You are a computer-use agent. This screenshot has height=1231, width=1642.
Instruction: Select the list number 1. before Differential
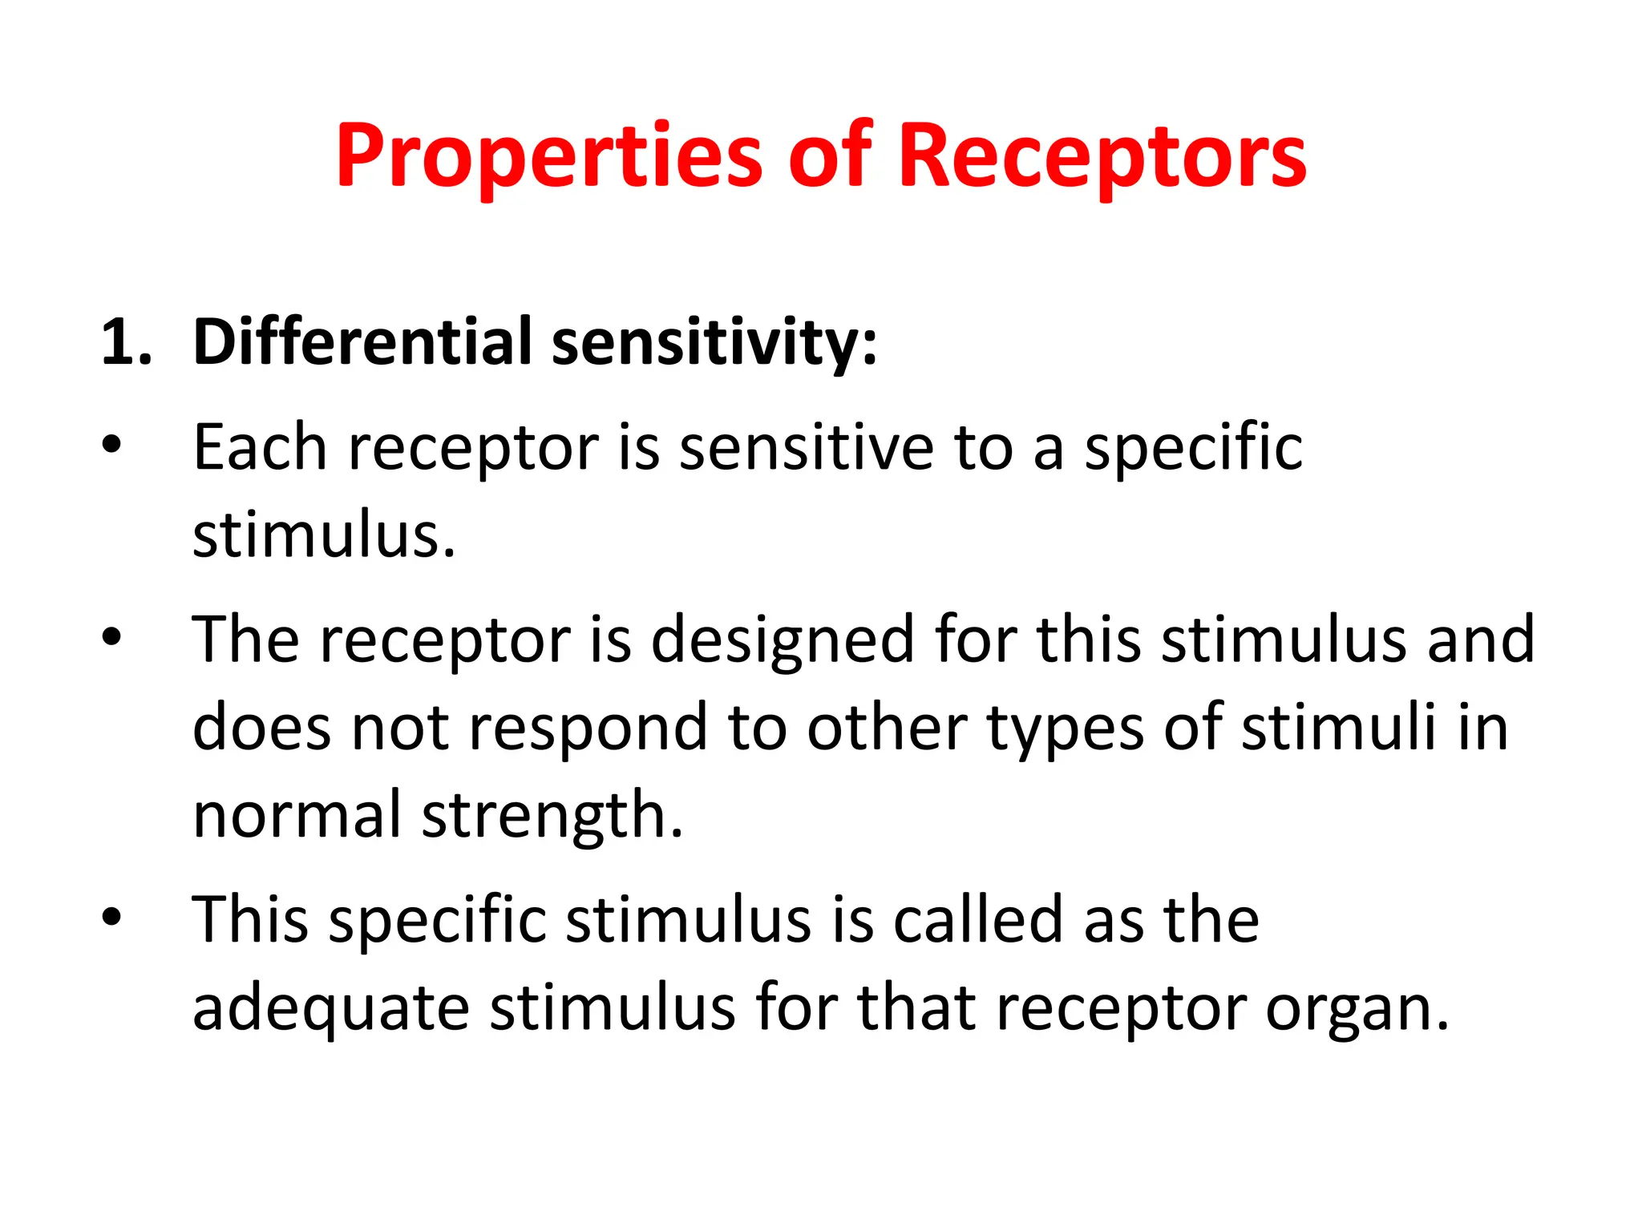point(126,343)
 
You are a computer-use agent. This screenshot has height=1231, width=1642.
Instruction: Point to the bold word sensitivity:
point(714,343)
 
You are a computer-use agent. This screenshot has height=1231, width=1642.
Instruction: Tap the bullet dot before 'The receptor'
point(111,636)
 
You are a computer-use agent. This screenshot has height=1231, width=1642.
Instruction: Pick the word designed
point(782,641)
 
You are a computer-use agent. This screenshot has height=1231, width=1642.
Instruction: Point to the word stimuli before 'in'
point(1339,727)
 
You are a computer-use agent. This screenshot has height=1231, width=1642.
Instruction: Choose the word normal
point(297,815)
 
